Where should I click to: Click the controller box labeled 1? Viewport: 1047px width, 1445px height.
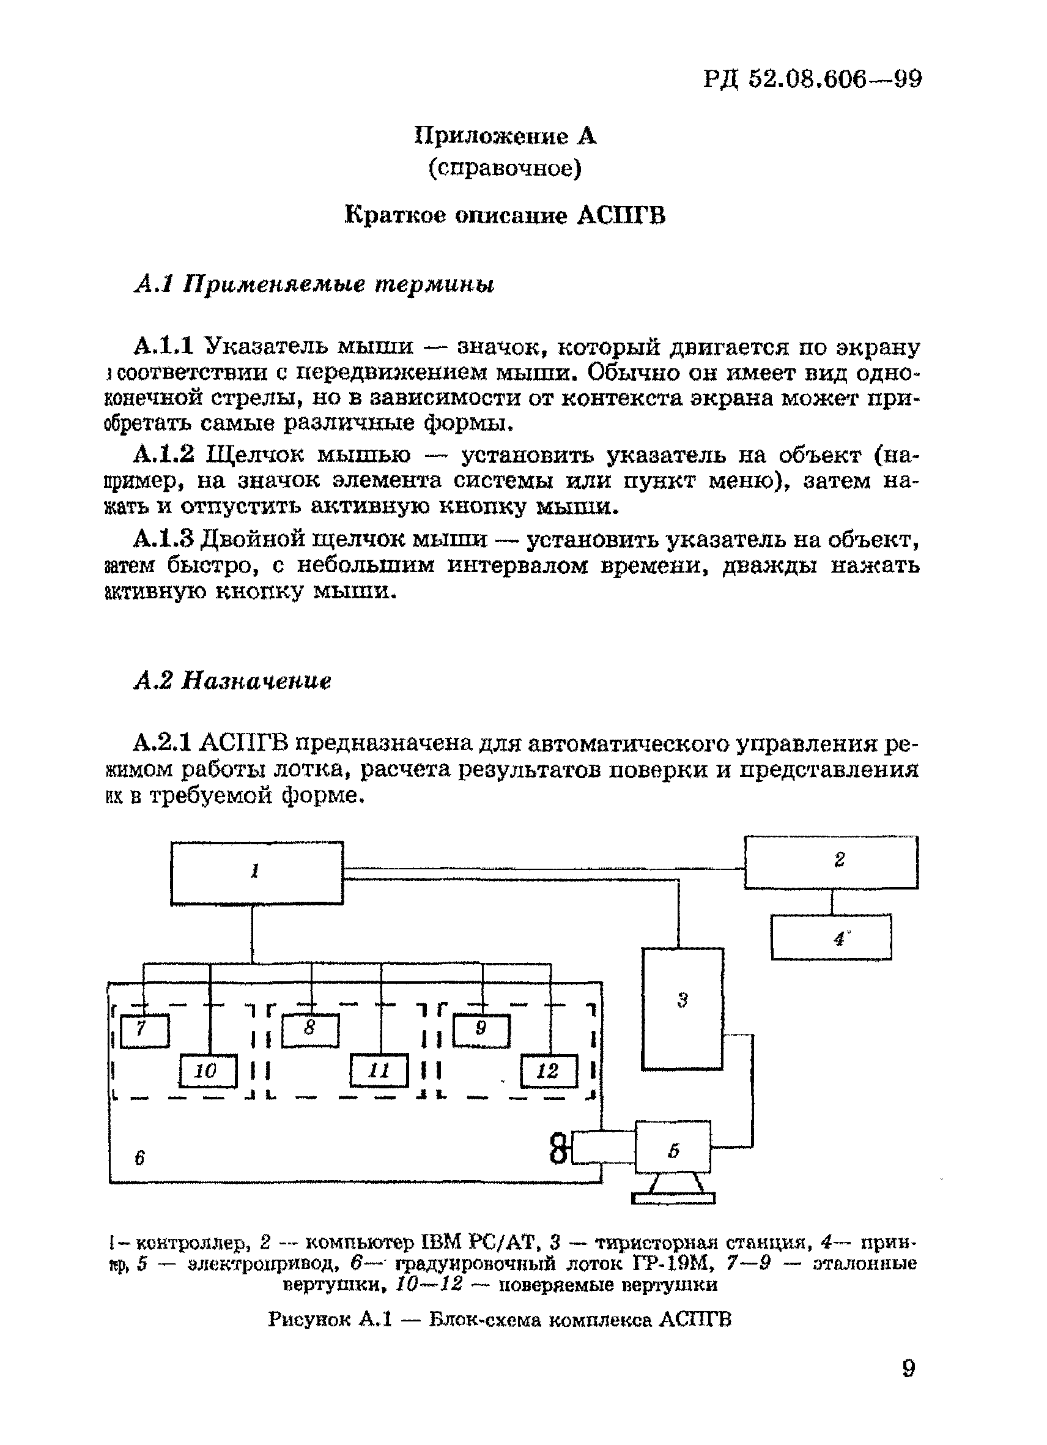257,872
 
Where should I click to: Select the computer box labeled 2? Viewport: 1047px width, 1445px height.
831,861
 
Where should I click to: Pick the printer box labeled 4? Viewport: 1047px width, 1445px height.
831,937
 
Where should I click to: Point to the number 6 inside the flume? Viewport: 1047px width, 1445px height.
140,1157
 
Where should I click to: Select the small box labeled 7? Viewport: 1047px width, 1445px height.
144,1030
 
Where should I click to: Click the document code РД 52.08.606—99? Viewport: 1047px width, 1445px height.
813,79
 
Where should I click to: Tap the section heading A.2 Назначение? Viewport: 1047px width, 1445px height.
232,681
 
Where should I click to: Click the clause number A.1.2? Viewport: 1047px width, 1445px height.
164,455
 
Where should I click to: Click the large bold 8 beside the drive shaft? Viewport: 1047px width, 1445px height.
558,1149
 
